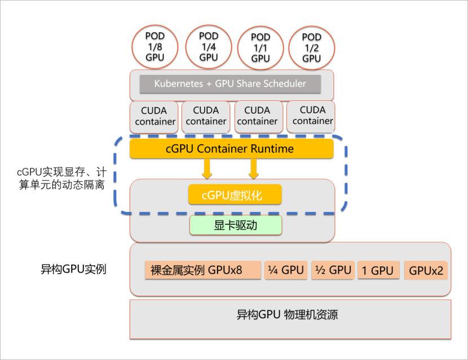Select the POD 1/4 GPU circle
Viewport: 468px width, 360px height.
[208, 46]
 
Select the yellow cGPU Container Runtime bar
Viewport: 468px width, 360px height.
[231, 149]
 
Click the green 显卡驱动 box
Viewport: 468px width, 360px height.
[235, 226]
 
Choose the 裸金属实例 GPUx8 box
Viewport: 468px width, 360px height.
[202, 270]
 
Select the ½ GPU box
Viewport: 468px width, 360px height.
[332, 270]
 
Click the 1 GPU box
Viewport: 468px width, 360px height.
[378, 270]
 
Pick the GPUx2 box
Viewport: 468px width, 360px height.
[426, 270]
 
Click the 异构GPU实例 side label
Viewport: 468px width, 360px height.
[70, 269]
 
